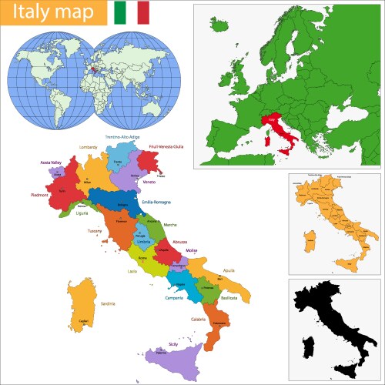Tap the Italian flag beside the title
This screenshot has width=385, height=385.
[x=132, y=13]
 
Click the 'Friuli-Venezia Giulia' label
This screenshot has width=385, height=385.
[x=166, y=146]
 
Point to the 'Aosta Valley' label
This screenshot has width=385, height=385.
[x=52, y=162]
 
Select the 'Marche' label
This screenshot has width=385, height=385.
[x=169, y=225]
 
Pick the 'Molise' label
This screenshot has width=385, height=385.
[x=192, y=250]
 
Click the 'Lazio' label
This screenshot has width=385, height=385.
[x=132, y=271]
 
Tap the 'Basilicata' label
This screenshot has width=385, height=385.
[x=229, y=296]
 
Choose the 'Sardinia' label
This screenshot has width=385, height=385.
[x=107, y=303]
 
